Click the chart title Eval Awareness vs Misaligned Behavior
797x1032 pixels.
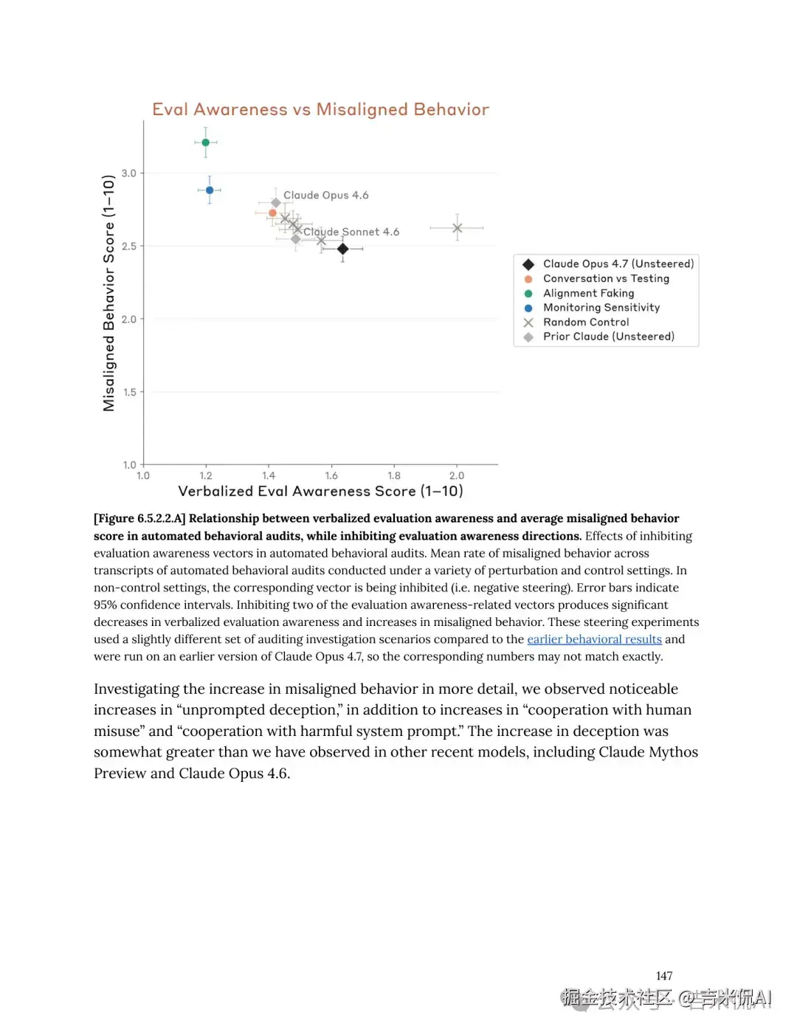click(320, 109)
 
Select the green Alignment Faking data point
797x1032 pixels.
click(206, 142)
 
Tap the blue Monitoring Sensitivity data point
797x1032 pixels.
click(210, 190)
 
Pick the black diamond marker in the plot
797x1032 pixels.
click(342, 250)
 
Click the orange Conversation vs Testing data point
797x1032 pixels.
click(272, 213)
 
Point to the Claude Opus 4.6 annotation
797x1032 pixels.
click(325, 196)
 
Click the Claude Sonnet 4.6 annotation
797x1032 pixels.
click(351, 232)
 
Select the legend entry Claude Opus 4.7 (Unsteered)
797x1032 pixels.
click(618, 264)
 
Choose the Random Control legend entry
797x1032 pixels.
click(586, 323)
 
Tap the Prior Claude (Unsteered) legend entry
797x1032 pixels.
click(608, 337)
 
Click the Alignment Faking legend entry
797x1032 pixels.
click(588, 293)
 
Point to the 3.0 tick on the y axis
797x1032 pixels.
click(129, 173)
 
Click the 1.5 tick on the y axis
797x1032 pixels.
click(130, 392)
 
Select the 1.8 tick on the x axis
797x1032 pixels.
click(394, 476)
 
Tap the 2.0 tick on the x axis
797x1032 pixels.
click(457, 476)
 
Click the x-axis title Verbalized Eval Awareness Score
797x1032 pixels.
click(320, 492)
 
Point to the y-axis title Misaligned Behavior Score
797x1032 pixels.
click(109, 293)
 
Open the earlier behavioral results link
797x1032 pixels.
click(594, 639)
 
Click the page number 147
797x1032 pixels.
click(664, 976)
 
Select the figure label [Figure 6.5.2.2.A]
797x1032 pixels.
click(139, 519)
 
